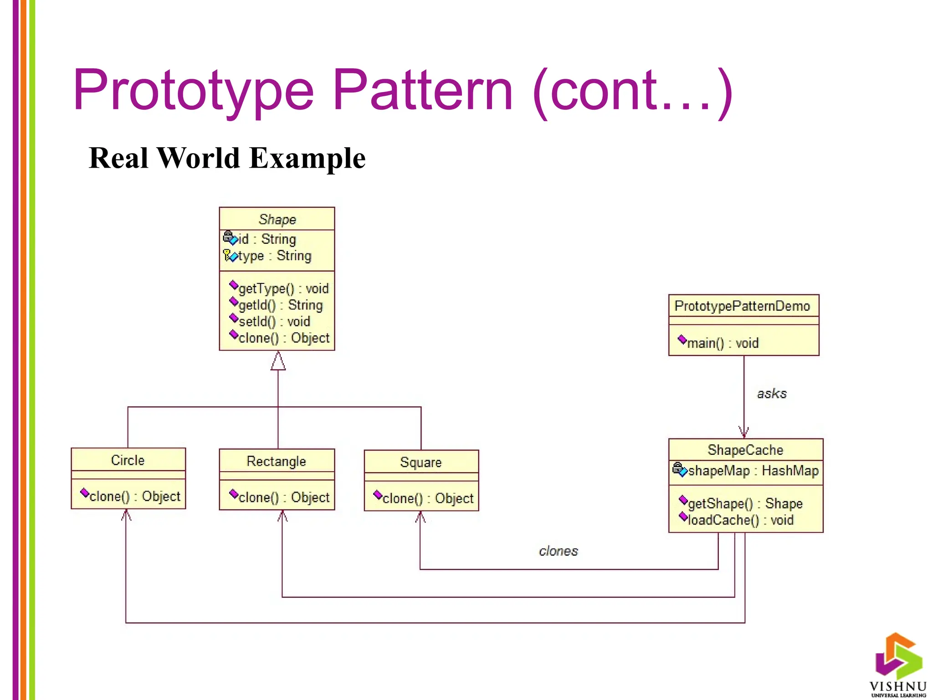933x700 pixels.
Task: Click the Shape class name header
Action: [x=277, y=219]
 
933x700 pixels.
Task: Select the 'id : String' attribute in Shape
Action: [x=267, y=239]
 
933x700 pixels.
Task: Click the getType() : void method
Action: [x=283, y=288]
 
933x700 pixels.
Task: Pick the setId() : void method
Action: [x=274, y=321]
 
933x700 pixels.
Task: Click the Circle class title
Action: [x=128, y=460]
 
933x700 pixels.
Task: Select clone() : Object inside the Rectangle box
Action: [x=283, y=497]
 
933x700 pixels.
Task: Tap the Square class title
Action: [x=420, y=462]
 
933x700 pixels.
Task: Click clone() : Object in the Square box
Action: [x=427, y=498]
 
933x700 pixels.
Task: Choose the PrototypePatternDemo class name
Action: [x=742, y=306]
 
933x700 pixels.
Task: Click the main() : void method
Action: [x=722, y=343]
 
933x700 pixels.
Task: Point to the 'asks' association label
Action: [x=771, y=393]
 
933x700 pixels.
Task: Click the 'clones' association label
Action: [x=558, y=551]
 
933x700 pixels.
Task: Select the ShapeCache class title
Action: [x=745, y=450]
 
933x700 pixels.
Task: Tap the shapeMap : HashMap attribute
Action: [x=753, y=470]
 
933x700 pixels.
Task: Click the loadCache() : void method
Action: [x=740, y=520]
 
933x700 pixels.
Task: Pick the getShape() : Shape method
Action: [x=745, y=503]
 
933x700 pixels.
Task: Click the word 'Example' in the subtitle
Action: [x=308, y=158]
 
